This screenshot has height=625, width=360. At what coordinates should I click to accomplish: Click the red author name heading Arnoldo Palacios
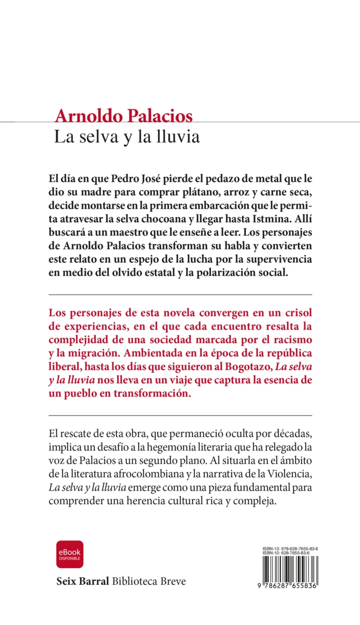coord(123,116)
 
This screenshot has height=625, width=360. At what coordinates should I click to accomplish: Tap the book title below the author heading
coord(127,137)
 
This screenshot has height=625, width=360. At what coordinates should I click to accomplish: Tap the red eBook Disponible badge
coord(70,554)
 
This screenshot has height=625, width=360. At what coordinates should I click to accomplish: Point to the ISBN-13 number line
coord(291,549)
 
